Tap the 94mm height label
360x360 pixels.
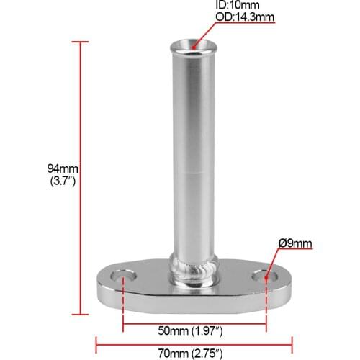[x=61, y=168]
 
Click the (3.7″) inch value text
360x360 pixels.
[x=61, y=181]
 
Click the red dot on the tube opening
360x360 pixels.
[x=194, y=48]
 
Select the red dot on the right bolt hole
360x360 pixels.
[x=266, y=276]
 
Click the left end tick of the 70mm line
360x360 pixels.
[x=96, y=343]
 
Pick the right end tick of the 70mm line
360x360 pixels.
[x=292, y=343]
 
